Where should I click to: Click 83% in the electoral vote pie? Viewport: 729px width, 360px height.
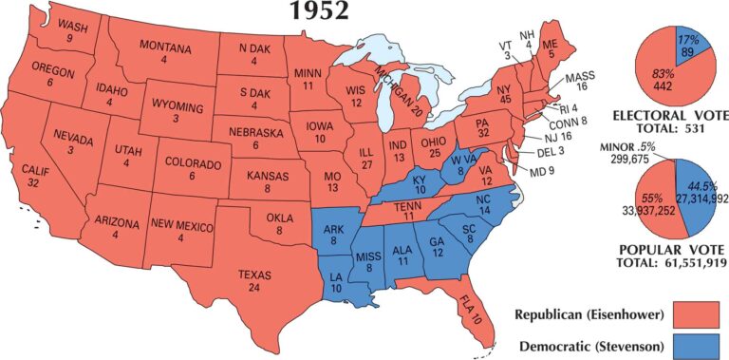[664, 74]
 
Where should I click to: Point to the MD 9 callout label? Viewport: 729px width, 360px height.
[542, 171]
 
